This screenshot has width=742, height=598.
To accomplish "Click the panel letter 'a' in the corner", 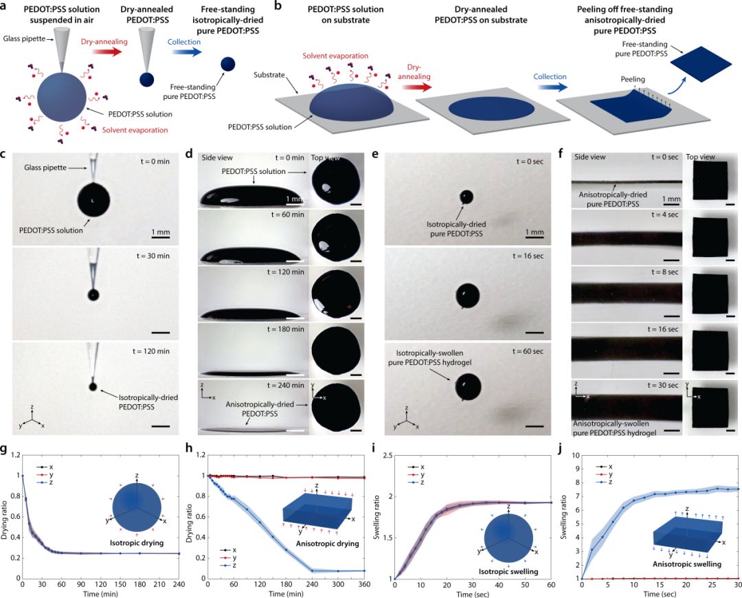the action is point(5,7).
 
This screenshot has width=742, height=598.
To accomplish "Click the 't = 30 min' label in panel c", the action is point(153,256).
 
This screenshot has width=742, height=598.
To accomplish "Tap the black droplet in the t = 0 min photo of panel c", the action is point(93,201).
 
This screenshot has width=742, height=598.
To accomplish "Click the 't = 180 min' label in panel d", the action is point(285,329).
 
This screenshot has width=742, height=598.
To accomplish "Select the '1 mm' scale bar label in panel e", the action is point(535,232).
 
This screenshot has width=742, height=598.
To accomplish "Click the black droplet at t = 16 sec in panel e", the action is point(468,296).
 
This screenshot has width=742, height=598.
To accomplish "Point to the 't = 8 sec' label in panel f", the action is point(664,272).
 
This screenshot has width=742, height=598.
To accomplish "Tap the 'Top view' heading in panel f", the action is point(700,157).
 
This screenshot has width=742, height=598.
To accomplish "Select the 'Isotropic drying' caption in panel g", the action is point(137,542).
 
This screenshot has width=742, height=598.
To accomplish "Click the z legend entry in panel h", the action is point(229,565).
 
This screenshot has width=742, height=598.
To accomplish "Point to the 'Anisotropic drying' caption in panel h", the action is point(328,544).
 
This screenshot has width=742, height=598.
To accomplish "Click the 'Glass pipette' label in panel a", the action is point(24,38).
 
